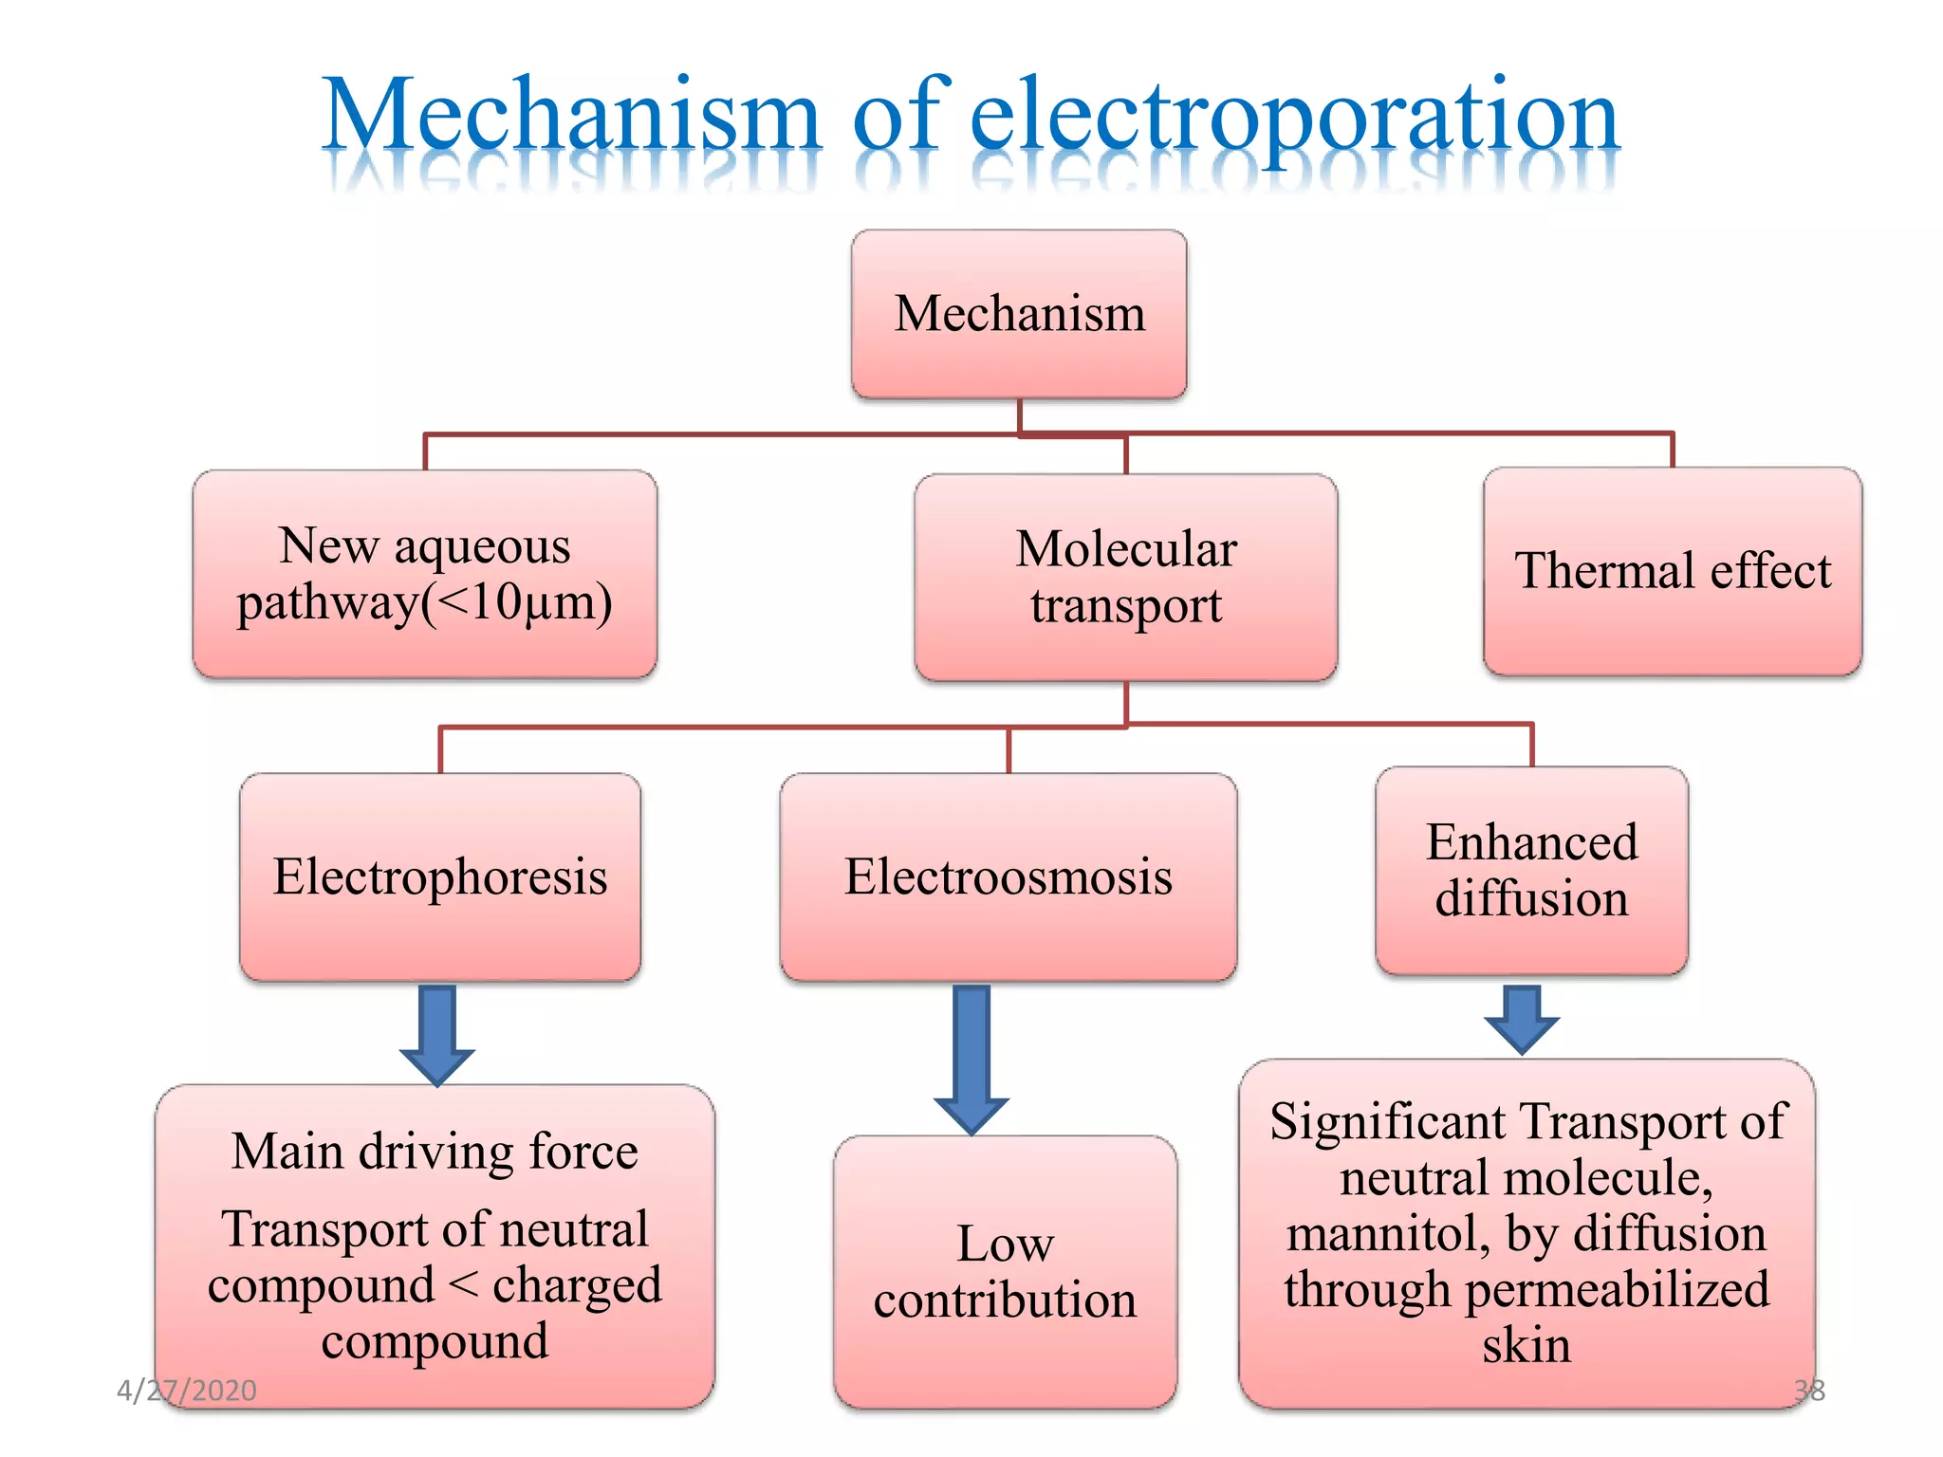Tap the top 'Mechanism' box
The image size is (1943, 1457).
[1019, 313]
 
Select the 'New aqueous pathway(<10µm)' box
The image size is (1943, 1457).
[424, 573]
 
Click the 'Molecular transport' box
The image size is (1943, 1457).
[1125, 577]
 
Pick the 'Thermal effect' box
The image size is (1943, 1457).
[1672, 571]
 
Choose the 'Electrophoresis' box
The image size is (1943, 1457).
[440, 876]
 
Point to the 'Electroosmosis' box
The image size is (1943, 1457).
[1008, 876]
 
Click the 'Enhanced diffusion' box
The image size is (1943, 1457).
[1531, 870]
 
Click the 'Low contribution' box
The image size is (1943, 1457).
[1005, 1271]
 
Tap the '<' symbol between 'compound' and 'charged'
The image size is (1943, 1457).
[463, 1286]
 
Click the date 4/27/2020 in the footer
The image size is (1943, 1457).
[187, 1391]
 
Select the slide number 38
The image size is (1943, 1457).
[1809, 1391]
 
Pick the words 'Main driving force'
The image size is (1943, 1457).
[435, 1152]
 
